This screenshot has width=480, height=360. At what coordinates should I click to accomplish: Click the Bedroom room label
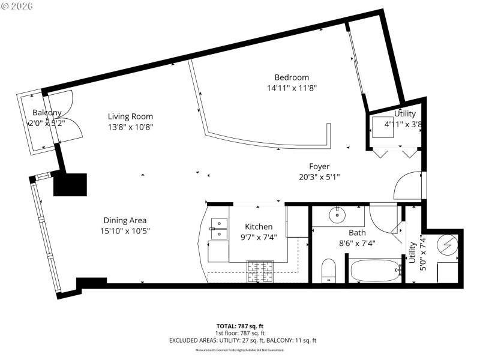tap(292, 77)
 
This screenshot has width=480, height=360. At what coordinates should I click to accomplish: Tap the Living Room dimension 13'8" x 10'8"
tap(130, 127)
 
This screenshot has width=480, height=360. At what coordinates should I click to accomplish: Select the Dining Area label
tap(125, 220)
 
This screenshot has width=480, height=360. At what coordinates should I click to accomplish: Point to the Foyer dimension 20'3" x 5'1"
tap(319, 176)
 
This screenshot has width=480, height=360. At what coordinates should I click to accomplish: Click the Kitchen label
tap(259, 226)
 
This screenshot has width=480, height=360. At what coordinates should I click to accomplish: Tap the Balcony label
tap(47, 113)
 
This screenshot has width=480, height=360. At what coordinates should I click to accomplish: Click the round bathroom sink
tap(337, 214)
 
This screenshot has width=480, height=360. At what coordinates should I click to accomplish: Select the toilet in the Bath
tap(329, 270)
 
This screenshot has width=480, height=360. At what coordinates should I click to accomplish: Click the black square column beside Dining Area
tap(70, 184)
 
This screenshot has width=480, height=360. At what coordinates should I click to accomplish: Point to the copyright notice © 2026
tap(17, 6)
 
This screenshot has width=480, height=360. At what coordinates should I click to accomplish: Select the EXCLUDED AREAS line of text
tap(240, 340)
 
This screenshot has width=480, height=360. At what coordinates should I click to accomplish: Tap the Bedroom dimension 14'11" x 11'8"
tap(292, 88)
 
